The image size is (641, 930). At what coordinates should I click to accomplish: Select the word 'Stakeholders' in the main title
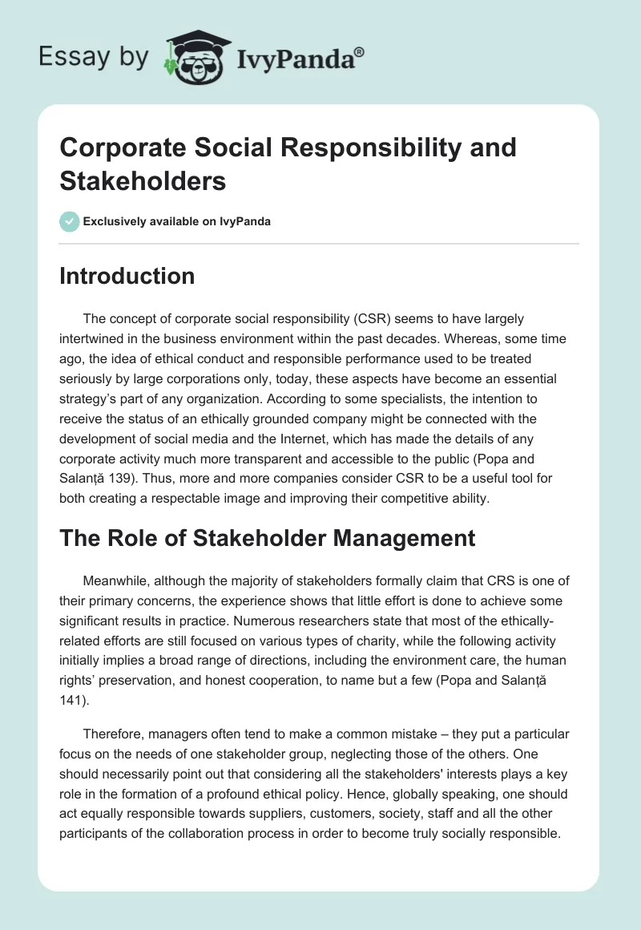[x=143, y=181]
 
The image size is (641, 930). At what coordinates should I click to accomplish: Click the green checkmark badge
[x=70, y=221]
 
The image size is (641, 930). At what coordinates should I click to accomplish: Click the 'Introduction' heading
[x=127, y=276]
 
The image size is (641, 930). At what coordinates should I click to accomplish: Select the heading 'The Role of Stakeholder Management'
[x=268, y=539]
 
